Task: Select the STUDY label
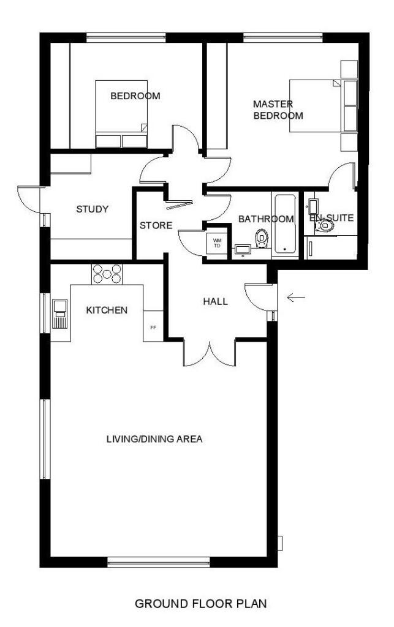tap(92, 209)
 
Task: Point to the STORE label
tap(156, 225)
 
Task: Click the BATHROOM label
tap(266, 219)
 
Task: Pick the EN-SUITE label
tap(331, 217)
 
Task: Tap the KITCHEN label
tap(107, 310)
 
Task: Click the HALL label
tap(215, 301)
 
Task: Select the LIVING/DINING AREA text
tap(154, 439)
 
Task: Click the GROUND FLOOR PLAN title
tap(201, 604)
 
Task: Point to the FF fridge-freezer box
tap(153, 328)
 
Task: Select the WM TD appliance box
tap(217, 243)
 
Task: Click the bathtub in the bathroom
tap(285, 223)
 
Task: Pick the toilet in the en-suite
tap(325, 227)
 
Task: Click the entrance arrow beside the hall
tap(297, 298)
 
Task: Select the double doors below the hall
tap(209, 353)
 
